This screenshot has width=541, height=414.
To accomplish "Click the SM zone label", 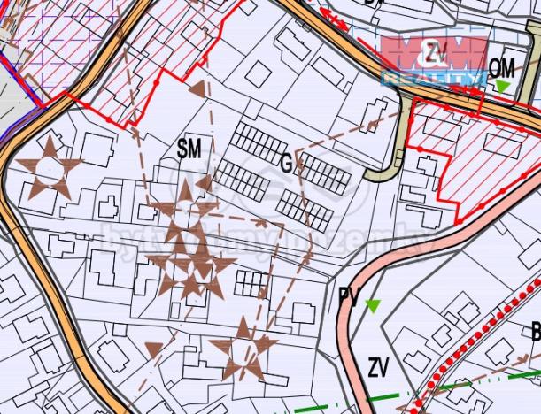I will [189, 149].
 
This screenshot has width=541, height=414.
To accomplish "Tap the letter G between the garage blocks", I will [286, 163].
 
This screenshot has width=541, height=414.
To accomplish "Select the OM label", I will [501, 67].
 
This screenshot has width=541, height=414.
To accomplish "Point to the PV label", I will [350, 297].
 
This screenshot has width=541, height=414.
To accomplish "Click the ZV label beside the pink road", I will [379, 365].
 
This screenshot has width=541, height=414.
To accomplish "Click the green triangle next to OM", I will [502, 86].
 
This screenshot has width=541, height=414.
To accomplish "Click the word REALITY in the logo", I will [434, 78].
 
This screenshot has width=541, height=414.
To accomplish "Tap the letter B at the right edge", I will [535, 333].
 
